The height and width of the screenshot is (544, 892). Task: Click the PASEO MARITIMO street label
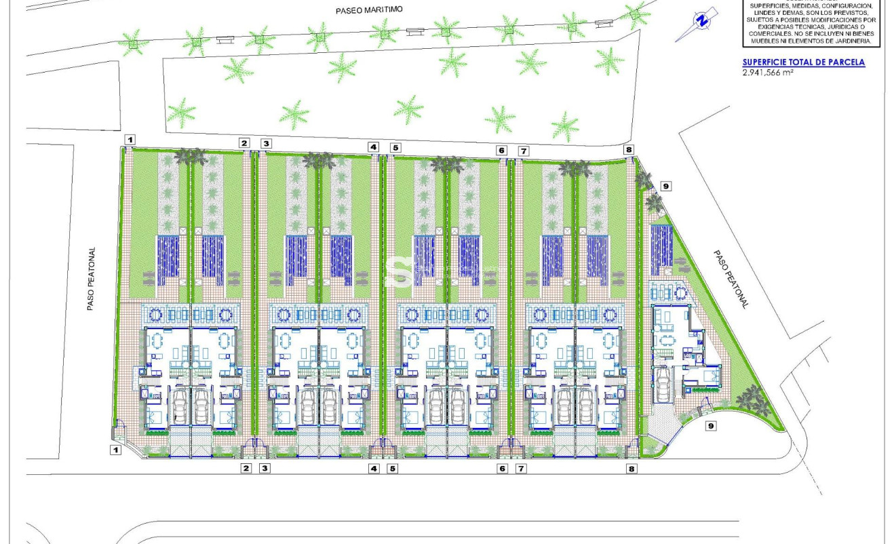370,10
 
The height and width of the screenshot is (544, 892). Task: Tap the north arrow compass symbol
701,20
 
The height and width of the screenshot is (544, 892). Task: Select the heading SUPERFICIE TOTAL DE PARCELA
804,62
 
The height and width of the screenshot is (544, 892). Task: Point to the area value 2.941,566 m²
769,72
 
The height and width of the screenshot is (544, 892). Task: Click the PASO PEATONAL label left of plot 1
91,279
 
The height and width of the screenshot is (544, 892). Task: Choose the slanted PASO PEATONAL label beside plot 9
730,279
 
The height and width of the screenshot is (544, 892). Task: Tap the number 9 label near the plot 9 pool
665,186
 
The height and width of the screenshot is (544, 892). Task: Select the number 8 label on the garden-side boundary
629,150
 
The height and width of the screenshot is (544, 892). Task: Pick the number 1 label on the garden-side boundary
130,140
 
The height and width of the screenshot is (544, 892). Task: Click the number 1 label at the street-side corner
116,449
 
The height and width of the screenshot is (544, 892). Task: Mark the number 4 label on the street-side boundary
373,468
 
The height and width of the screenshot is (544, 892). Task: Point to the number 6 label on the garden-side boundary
501,150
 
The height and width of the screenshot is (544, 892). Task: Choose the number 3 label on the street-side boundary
265,468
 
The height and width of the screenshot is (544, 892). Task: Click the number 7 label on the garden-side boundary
522,150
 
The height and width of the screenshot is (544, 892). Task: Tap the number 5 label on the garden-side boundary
395,147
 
